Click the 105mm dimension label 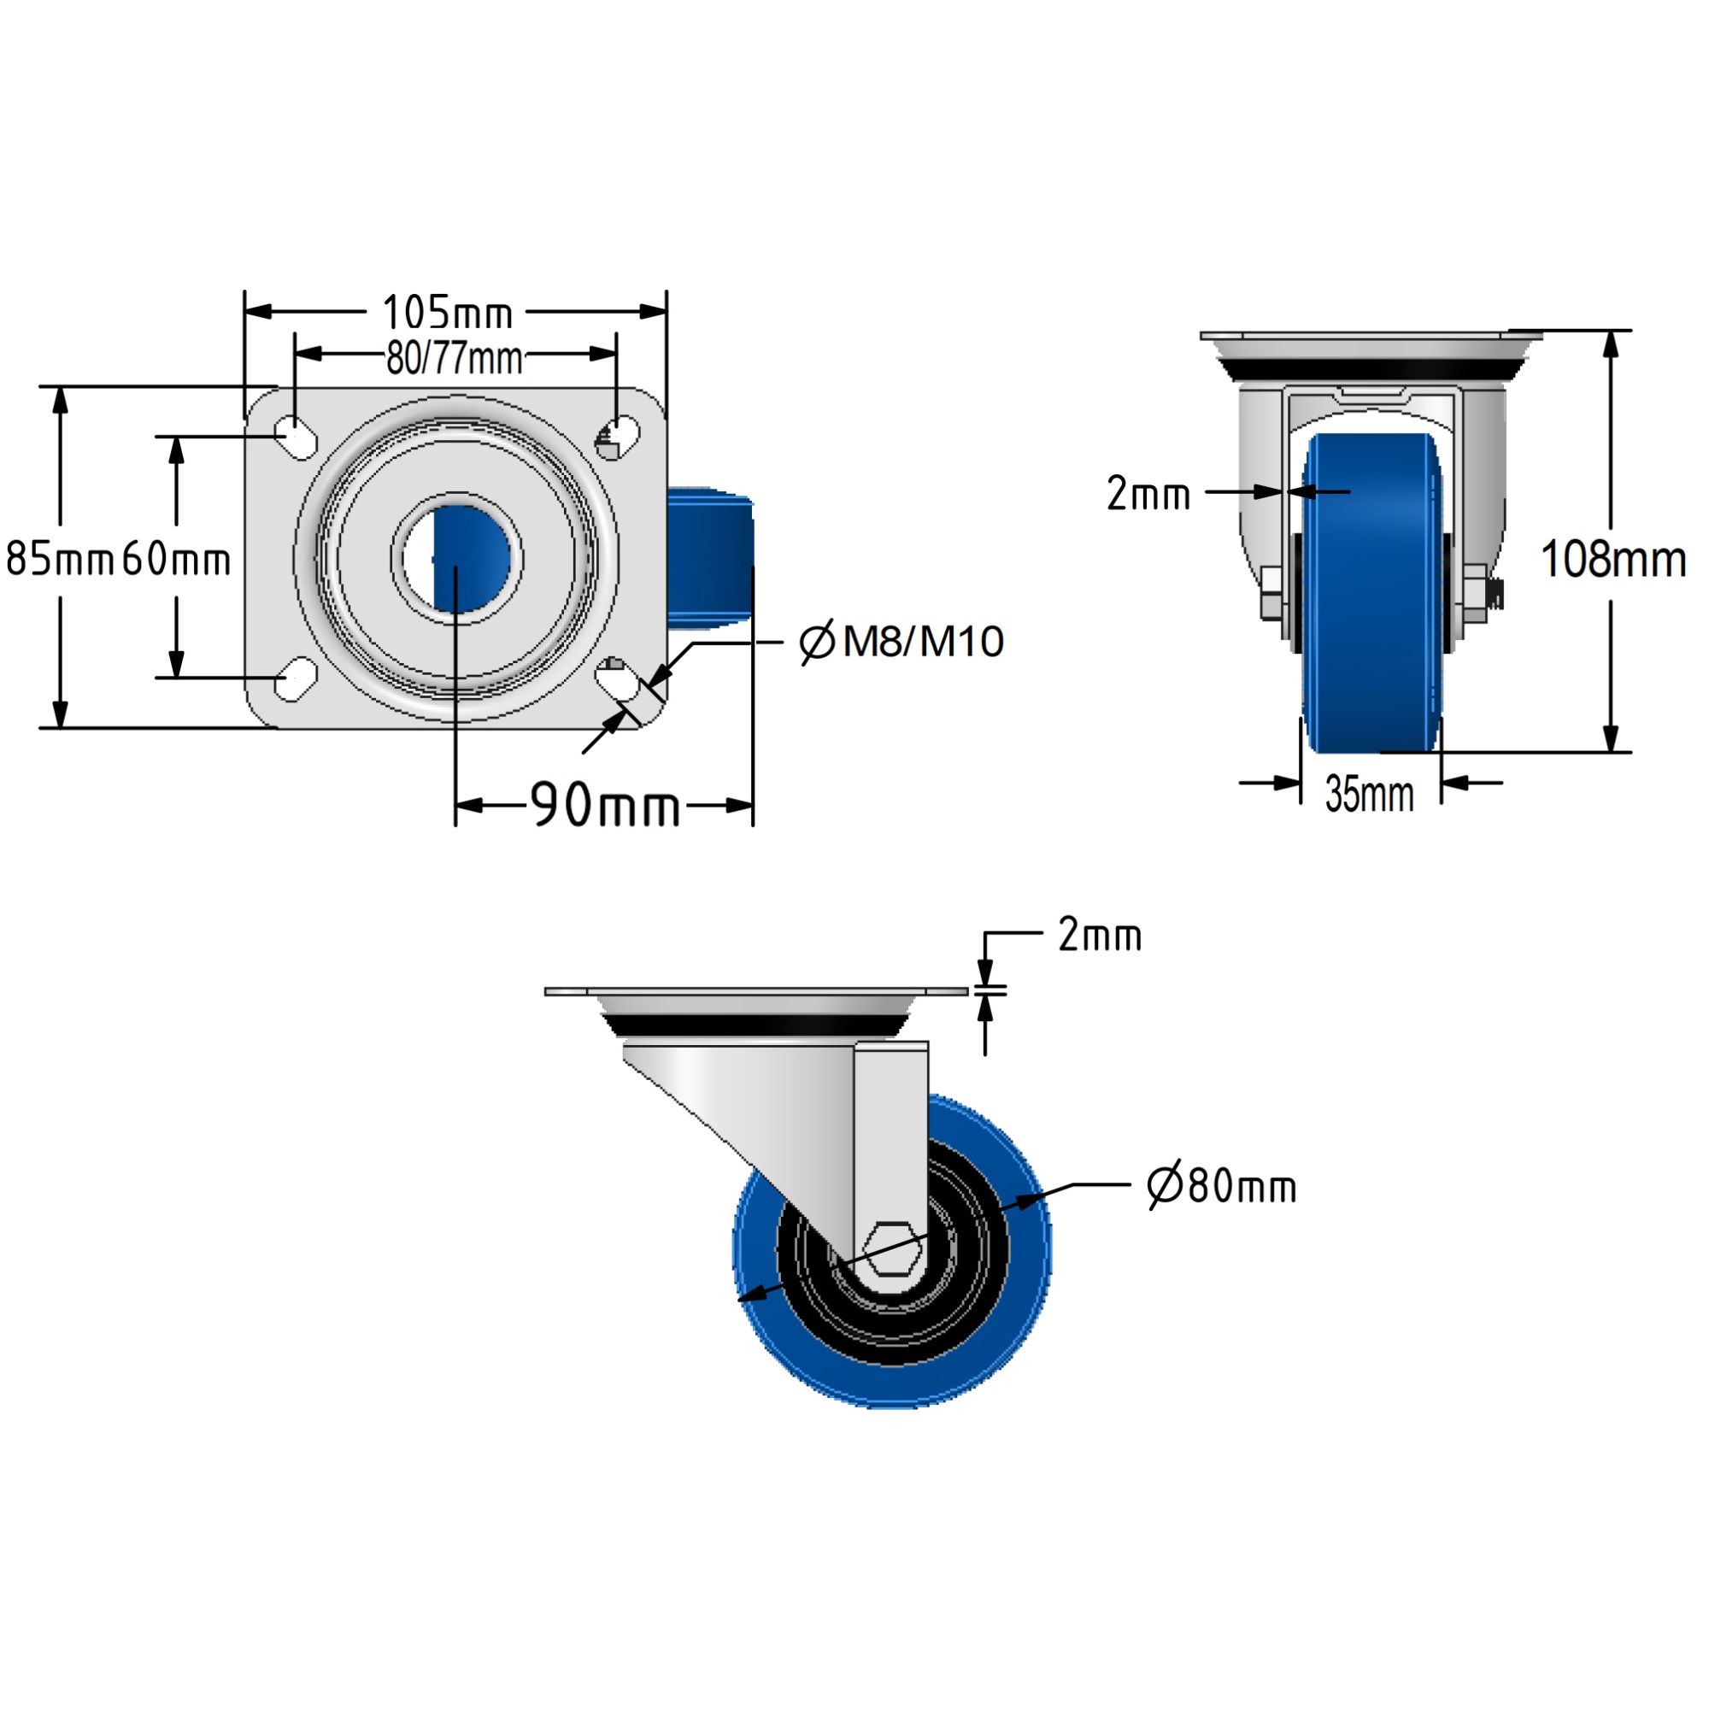click(447, 313)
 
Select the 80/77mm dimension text click(454, 358)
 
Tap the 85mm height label click(59, 559)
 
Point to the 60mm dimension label click(176, 559)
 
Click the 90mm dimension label click(605, 806)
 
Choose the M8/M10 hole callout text click(902, 642)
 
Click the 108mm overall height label click(1612, 560)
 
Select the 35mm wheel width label click(1369, 794)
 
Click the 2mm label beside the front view click(1148, 494)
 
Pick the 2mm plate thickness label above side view click(1100, 935)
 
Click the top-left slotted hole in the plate click(297, 436)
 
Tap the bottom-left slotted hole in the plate click(297, 678)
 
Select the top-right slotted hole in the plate click(618, 436)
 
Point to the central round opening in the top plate click(457, 559)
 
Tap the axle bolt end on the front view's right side click(1494, 596)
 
